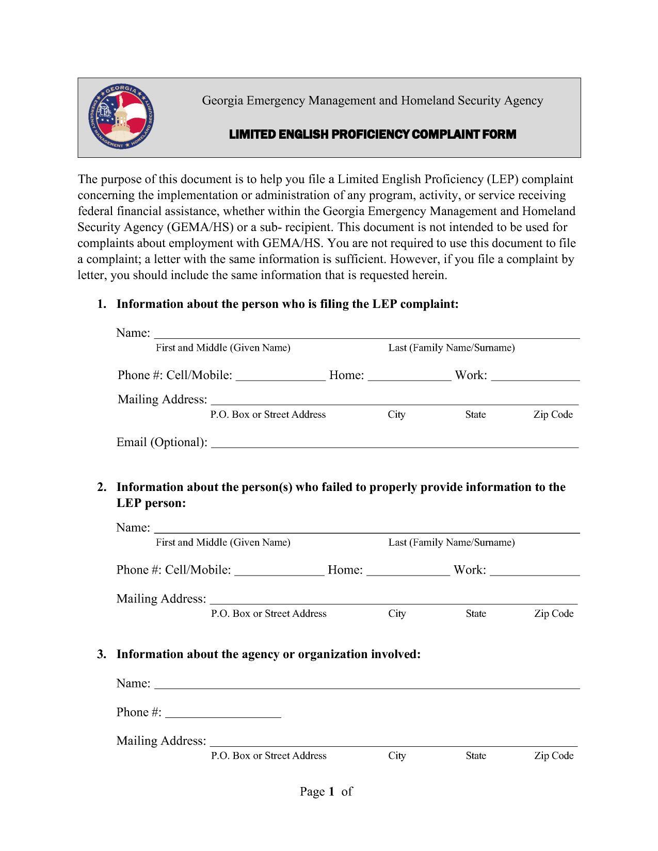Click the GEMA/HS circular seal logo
pyautogui.click(x=121, y=118)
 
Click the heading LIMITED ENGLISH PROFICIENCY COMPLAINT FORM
pyautogui.click(x=372, y=135)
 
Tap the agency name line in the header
pyautogui.click(x=372, y=101)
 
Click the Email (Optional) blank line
pyautogui.click(x=395, y=444)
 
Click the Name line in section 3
pyautogui.click(x=367, y=685)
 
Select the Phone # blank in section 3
pyautogui.click(x=223, y=714)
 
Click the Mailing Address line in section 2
pyautogui.click(x=394, y=600)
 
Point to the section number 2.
pyautogui.click(x=102, y=487)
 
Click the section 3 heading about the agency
pyautogui.click(x=268, y=654)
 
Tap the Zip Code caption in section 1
pyautogui.click(x=553, y=415)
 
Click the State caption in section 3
pyautogui.click(x=475, y=756)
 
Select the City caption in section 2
pyautogui.click(x=397, y=613)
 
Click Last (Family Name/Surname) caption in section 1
pyautogui.click(x=451, y=348)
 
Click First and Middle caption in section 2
pyautogui.click(x=223, y=542)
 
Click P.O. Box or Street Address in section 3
pyautogui.click(x=268, y=756)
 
